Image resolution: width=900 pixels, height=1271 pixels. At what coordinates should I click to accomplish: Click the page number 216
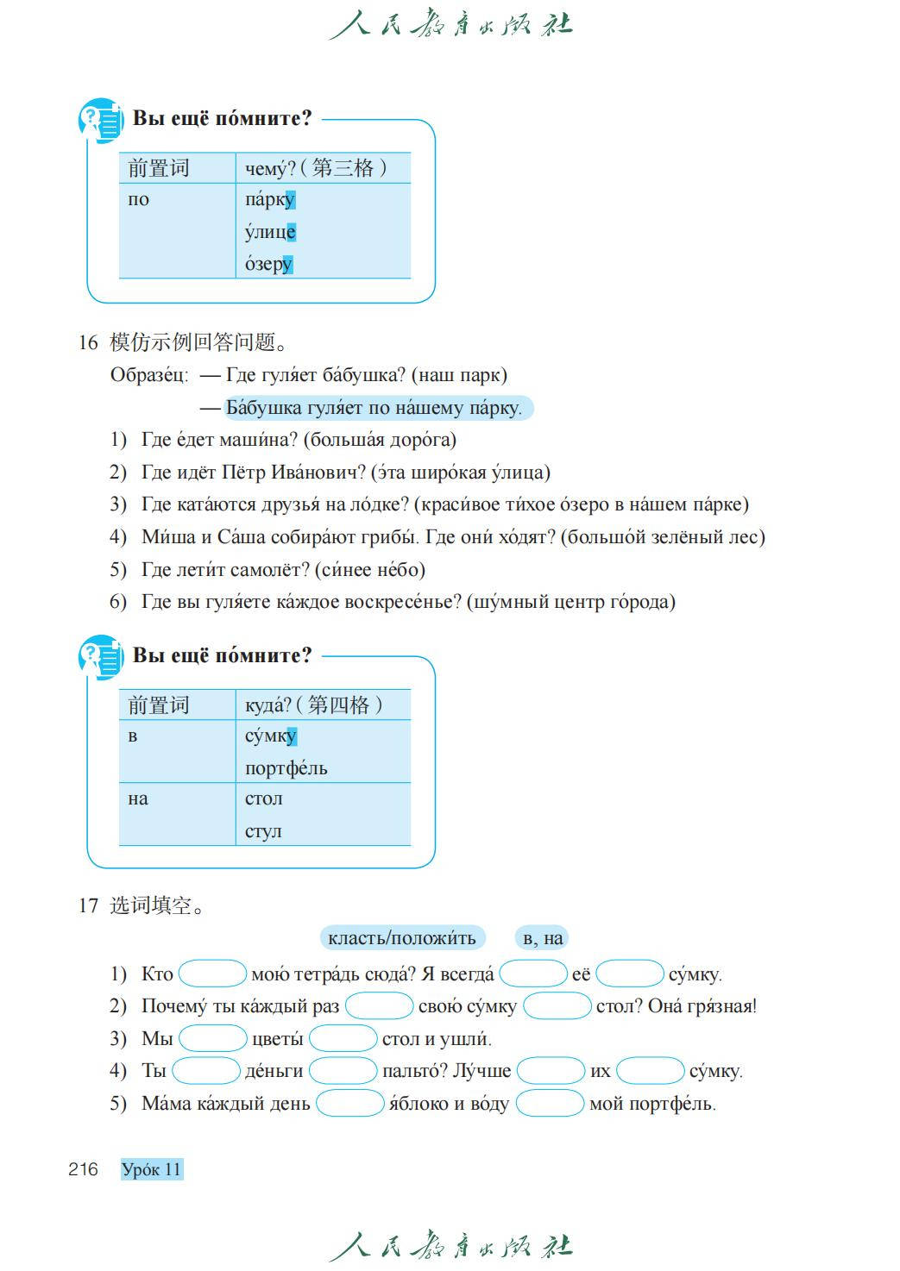(83, 1169)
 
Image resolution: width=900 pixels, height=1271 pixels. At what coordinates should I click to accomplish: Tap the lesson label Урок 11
(152, 1169)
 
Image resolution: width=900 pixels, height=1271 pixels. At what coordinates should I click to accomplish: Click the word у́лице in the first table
(270, 232)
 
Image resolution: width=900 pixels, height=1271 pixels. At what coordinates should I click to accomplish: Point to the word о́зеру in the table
(269, 264)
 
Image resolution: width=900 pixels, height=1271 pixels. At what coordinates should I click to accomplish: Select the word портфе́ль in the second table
(286, 768)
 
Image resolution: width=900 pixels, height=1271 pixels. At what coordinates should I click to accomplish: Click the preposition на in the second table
(138, 799)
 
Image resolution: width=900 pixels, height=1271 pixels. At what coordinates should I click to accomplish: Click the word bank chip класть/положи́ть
(402, 938)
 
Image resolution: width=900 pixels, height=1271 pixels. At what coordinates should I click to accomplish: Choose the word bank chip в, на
(543, 938)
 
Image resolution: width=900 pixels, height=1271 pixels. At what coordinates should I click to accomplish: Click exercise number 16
(88, 342)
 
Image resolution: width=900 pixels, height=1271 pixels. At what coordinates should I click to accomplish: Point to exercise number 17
(88, 905)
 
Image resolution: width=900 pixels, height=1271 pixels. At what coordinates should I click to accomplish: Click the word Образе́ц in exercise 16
(148, 375)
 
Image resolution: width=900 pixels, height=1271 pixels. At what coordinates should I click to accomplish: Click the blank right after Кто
(212, 974)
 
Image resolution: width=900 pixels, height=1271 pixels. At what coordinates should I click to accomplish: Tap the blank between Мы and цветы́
(212, 1038)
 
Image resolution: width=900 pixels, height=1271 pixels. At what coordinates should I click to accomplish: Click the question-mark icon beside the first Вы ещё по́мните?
(101, 120)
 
